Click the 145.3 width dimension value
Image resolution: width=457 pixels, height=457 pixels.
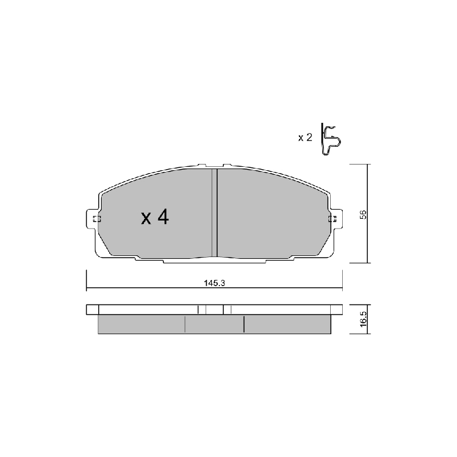tap(214, 283)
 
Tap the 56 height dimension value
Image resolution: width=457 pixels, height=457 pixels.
tap(363, 215)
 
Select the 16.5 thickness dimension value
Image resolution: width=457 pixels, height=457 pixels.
tap(363, 319)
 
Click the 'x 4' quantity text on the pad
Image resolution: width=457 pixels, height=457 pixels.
tap(155, 217)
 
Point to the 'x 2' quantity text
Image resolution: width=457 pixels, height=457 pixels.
tap(305, 137)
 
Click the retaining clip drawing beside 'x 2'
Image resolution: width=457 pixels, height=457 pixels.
tap(330, 139)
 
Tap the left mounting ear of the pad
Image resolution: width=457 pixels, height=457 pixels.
tap(93, 219)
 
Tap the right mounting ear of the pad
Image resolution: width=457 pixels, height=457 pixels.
tap(336, 219)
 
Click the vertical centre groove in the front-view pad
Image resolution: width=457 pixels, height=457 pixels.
tap(214, 213)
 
